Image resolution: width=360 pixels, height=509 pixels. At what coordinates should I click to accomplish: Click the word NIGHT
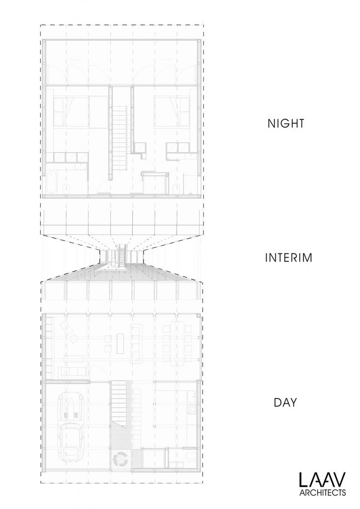coord(285,123)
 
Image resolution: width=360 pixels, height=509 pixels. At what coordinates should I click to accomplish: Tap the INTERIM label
coord(288,258)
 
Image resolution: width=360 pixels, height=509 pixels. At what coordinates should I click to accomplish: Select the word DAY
coord(285,403)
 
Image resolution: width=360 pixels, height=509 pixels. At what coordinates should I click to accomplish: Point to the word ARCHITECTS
coord(322,493)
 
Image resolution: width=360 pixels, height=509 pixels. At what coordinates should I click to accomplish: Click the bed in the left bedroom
coord(71,111)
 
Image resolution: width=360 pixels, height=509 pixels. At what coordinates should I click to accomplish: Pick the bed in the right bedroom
coord(172,111)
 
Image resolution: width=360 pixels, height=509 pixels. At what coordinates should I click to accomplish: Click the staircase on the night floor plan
coord(120,141)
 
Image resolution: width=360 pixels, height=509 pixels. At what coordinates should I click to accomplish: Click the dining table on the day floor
coord(177,343)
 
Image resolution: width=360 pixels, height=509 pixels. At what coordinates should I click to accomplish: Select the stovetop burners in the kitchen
coord(192,410)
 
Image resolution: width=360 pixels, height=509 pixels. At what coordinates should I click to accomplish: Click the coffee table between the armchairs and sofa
coord(120,343)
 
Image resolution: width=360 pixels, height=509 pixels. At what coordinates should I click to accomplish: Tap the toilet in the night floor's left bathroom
coord(65,188)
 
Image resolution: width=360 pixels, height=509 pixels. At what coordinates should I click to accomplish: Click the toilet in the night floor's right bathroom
coord(176,188)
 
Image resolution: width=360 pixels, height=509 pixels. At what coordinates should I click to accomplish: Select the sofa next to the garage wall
coord(72,371)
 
